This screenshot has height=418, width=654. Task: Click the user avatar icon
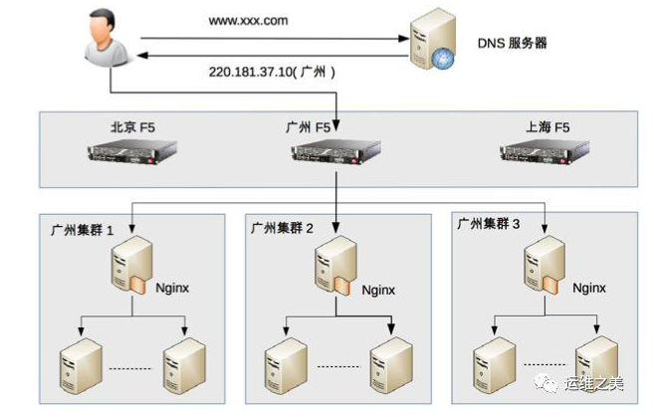107,37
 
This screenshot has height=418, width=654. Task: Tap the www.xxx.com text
248,21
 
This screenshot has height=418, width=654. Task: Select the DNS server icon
433,39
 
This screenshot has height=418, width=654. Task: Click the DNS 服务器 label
512,43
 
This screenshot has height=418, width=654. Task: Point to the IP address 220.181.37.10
250,72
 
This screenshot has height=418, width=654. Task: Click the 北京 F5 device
131,151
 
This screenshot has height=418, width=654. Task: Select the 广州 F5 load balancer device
335,152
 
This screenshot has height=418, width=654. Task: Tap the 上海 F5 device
545,152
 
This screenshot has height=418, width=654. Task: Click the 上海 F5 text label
547,126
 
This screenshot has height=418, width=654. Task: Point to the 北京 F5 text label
132,126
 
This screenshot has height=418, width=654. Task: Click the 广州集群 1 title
82,230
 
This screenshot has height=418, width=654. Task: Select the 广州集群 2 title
282,228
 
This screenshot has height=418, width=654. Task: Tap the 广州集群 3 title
489,224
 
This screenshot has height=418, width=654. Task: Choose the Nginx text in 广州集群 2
378,290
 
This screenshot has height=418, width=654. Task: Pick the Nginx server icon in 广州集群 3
544,266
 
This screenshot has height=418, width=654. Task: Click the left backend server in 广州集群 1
81,366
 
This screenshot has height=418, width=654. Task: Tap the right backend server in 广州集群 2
391,366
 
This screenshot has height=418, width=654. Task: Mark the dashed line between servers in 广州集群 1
130,369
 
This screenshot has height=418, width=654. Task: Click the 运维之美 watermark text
594,383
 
